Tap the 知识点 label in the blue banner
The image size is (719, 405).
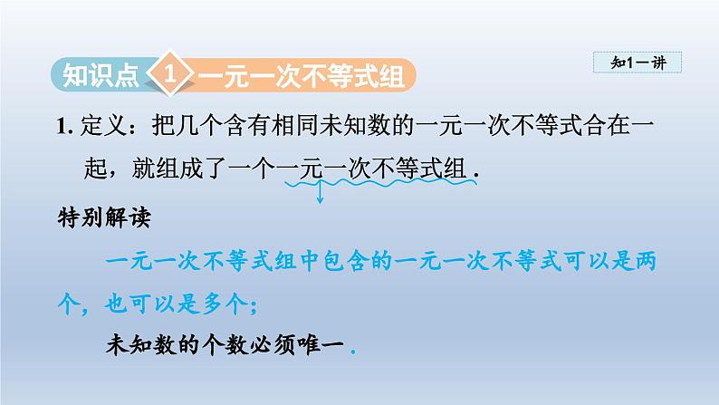(x=101, y=75)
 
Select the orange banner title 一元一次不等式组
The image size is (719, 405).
(x=302, y=76)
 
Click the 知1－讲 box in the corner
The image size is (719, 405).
(x=638, y=63)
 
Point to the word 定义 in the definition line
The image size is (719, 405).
(x=103, y=126)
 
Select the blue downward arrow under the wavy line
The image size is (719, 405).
(x=320, y=191)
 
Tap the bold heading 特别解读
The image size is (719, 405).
(x=104, y=217)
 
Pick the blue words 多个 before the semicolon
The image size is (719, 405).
(x=225, y=304)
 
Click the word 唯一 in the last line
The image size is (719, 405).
(x=321, y=345)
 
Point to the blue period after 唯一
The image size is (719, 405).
(x=353, y=352)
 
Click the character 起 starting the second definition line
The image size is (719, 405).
(x=95, y=169)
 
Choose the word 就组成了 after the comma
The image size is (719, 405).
(x=179, y=169)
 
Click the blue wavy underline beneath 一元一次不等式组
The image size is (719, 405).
(x=380, y=183)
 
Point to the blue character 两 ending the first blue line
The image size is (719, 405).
(x=646, y=262)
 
